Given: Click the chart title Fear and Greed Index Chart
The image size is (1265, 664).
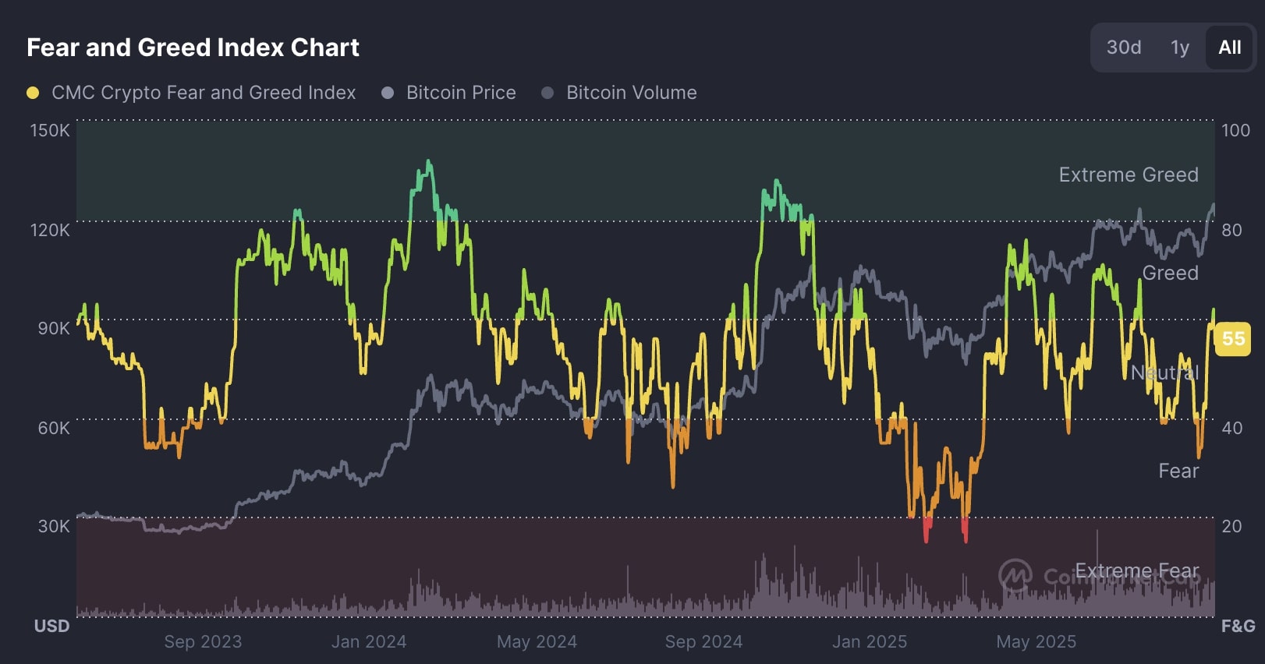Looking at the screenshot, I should coord(193,48).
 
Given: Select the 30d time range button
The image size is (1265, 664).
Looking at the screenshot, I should coord(1123,48).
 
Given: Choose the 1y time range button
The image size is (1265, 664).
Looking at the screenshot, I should coord(1179,48).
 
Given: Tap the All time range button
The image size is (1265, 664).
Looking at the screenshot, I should coord(1229,48).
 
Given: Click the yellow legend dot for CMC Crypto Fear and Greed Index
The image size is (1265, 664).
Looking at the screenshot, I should coord(33,93).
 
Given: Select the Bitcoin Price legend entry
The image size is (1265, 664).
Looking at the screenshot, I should coord(460,93).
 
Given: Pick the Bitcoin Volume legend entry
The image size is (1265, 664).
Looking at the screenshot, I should coord(631,93).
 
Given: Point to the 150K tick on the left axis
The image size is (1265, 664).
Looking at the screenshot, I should coord(50,130).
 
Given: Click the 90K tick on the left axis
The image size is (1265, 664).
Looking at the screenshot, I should coord(53,328).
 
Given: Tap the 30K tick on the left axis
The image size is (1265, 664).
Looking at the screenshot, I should coord(53,526).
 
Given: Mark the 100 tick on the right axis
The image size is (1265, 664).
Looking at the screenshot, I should coord(1235,130).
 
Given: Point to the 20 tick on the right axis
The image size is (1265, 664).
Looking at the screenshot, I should coord(1231,526).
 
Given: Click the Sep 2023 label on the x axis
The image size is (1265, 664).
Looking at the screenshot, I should coord(203,641).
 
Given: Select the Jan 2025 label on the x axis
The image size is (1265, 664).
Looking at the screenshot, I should coord(870,641).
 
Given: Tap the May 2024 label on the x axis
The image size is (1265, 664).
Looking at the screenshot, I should coord(537,641).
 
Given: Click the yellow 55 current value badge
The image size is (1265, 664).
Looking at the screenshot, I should coord(1233,339).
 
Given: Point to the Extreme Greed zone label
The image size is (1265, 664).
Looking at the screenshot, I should coord(1128,175).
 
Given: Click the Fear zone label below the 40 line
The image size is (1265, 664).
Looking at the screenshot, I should coord(1178,471).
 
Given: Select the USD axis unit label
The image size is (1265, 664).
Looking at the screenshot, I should coord(51,626).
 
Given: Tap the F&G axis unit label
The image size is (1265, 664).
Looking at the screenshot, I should coord(1238,626).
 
